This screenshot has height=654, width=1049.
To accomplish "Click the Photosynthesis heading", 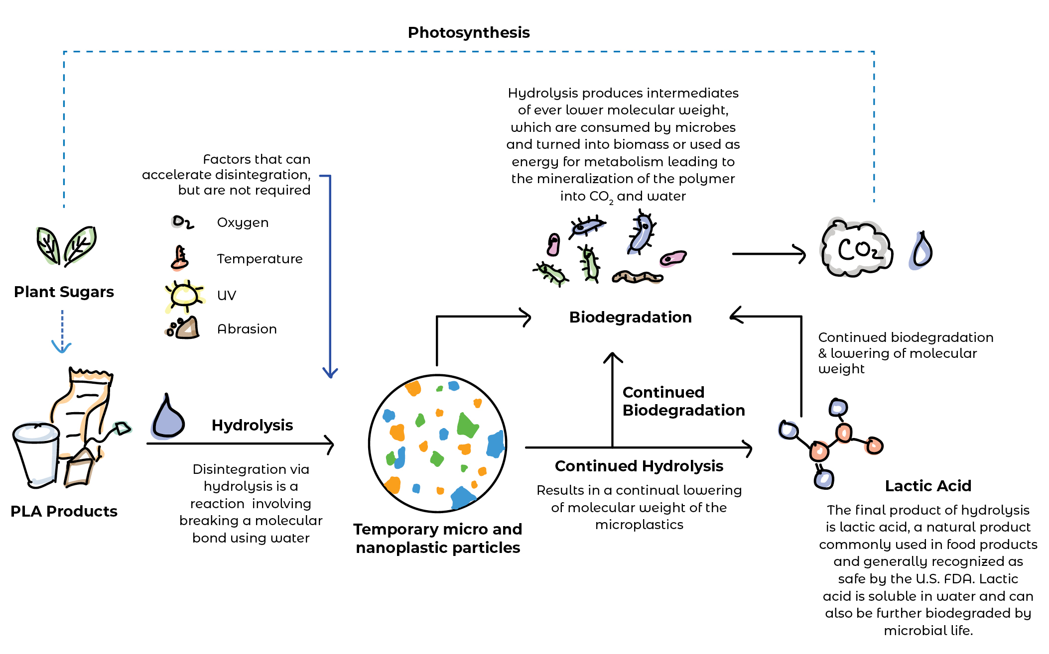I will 468,33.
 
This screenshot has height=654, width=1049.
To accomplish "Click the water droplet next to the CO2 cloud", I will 921,251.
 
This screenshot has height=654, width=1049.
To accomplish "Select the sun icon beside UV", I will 184,296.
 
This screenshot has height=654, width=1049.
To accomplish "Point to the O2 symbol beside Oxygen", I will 182,222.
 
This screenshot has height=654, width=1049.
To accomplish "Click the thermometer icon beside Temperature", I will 179,258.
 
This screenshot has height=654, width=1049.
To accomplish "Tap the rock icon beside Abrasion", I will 184,328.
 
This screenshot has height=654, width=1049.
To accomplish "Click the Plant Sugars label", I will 64,292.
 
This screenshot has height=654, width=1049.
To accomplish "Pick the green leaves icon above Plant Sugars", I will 66,245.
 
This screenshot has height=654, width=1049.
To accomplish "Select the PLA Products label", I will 64,511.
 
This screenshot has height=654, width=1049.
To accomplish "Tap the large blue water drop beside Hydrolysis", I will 168,418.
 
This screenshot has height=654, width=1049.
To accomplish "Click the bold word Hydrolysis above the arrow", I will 252,425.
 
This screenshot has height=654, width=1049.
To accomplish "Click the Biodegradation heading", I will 630,317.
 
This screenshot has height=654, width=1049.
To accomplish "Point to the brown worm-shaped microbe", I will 637,277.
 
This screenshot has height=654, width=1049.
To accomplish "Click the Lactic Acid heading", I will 927,486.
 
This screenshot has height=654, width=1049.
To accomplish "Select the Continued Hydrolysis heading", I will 639,466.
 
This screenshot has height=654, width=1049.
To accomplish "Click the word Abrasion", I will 247,329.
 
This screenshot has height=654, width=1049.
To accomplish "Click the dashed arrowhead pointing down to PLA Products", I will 62,347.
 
